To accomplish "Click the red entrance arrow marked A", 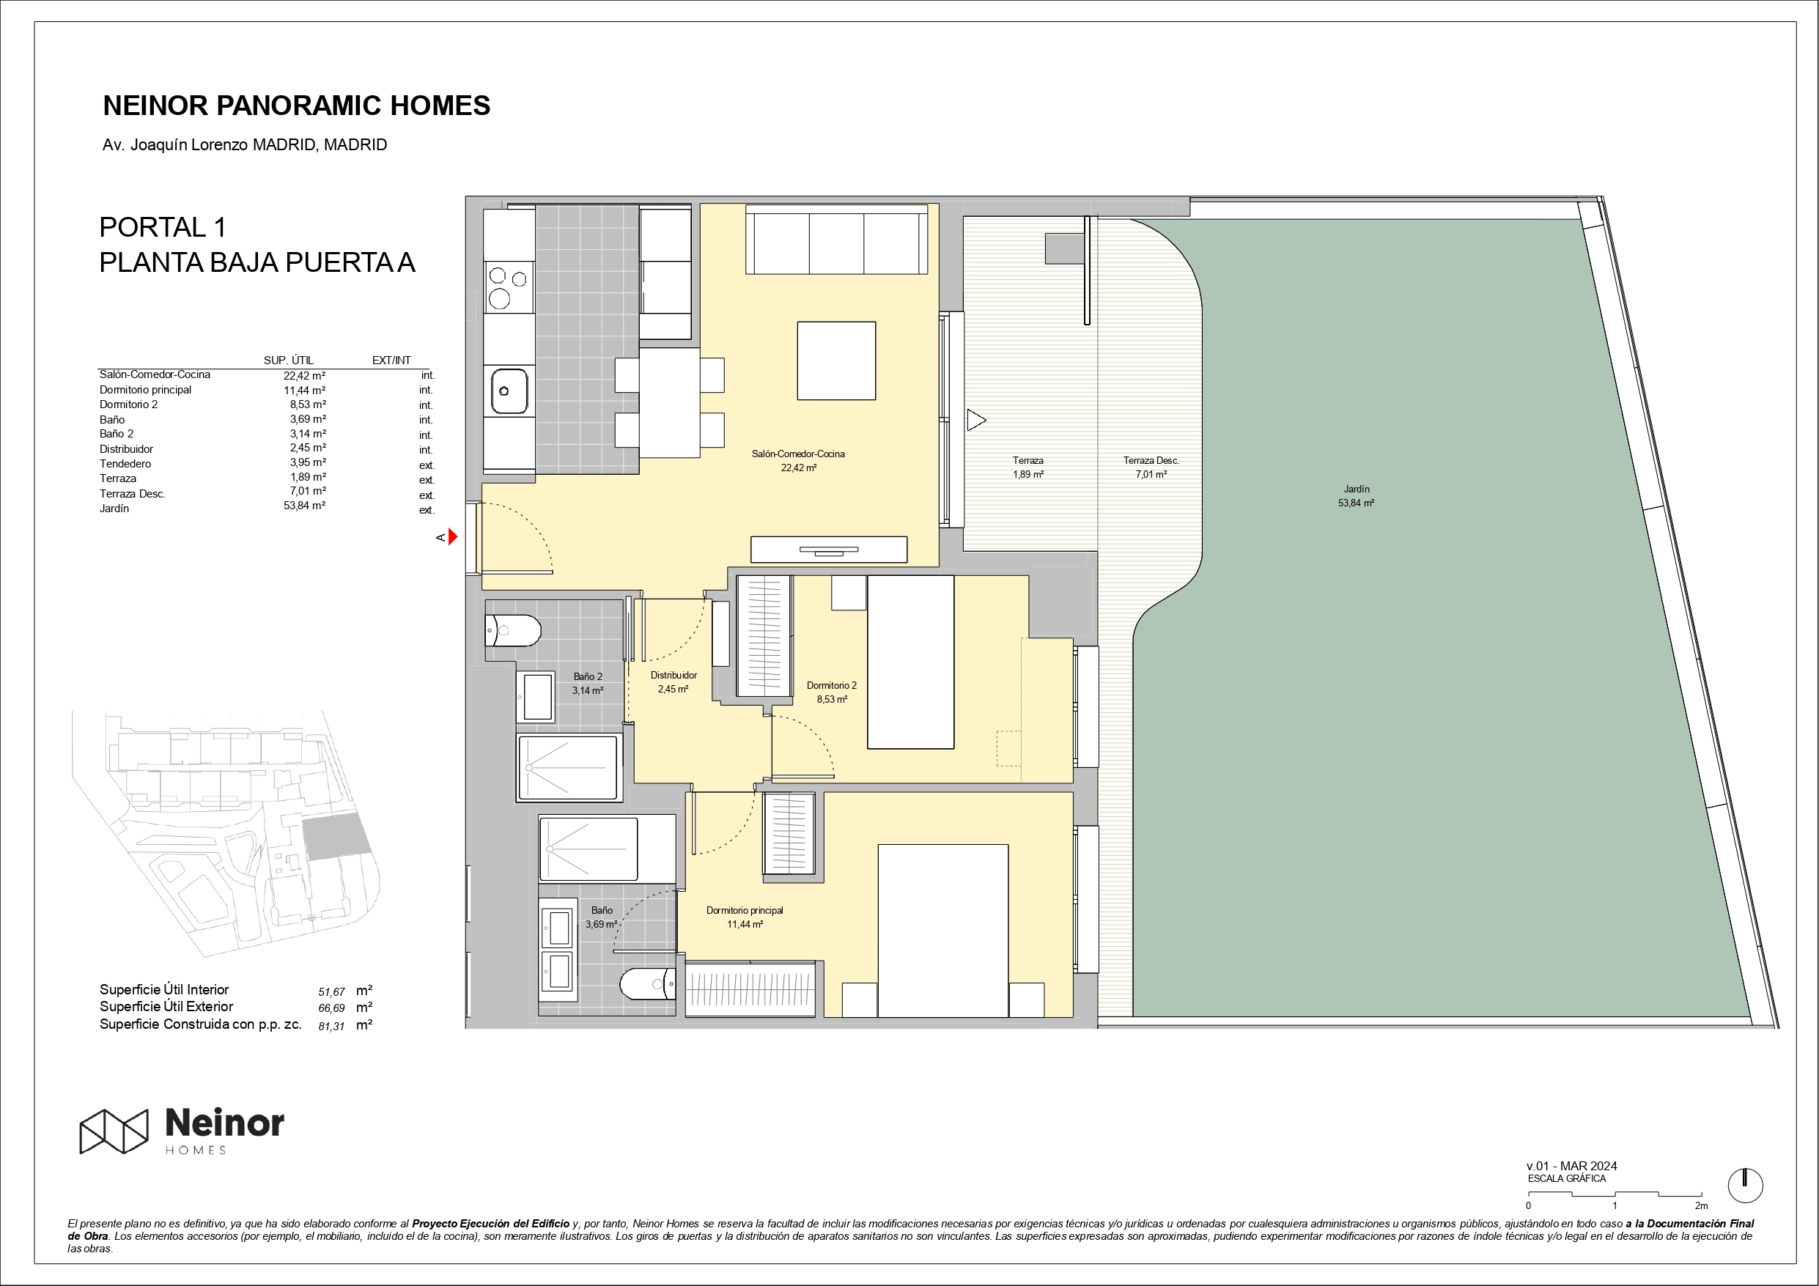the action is (453, 537).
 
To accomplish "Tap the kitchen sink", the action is (509, 391).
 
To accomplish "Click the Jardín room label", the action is (1357, 489).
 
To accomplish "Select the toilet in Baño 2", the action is (512, 631).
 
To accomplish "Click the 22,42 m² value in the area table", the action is (304, 377).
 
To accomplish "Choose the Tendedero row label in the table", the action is (125, 464).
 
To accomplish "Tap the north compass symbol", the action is (1744, 1186).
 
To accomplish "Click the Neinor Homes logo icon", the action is (114, 1131).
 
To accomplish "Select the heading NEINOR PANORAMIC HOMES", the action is (296, 106).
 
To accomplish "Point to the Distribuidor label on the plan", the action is (674, 675).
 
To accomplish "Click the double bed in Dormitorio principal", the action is (942, 930).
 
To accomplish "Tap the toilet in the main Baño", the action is (647, 984).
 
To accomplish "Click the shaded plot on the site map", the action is (336, 836).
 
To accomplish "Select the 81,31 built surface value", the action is (331, 1026).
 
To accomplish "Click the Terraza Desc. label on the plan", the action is (1151, 460).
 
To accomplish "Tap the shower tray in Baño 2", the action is (567, 767).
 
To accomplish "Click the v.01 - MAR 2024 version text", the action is (1572, 1166).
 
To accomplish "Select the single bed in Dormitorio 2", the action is (911, 662).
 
